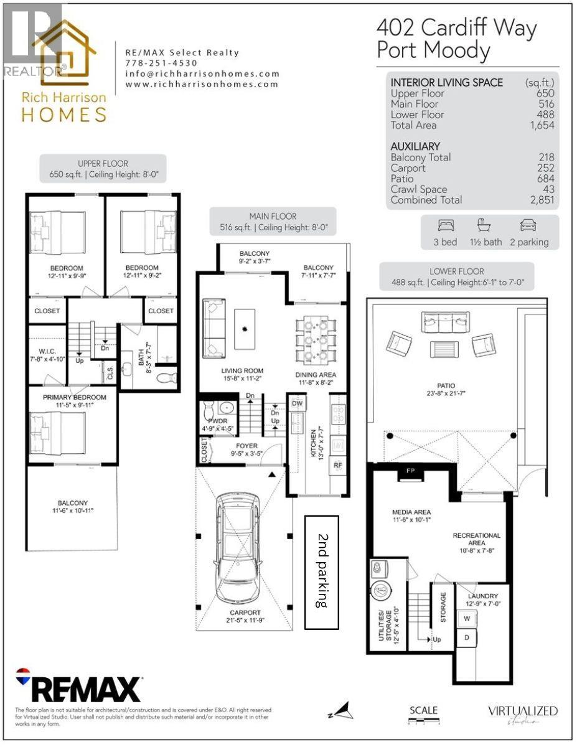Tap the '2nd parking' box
[321, 571]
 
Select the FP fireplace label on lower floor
[411, 471]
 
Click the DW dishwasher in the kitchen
[296, 403]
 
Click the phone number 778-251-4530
[161, 63]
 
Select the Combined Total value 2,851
[539, 200]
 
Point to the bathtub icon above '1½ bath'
[484, 225]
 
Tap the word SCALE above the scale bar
[423, 710]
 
